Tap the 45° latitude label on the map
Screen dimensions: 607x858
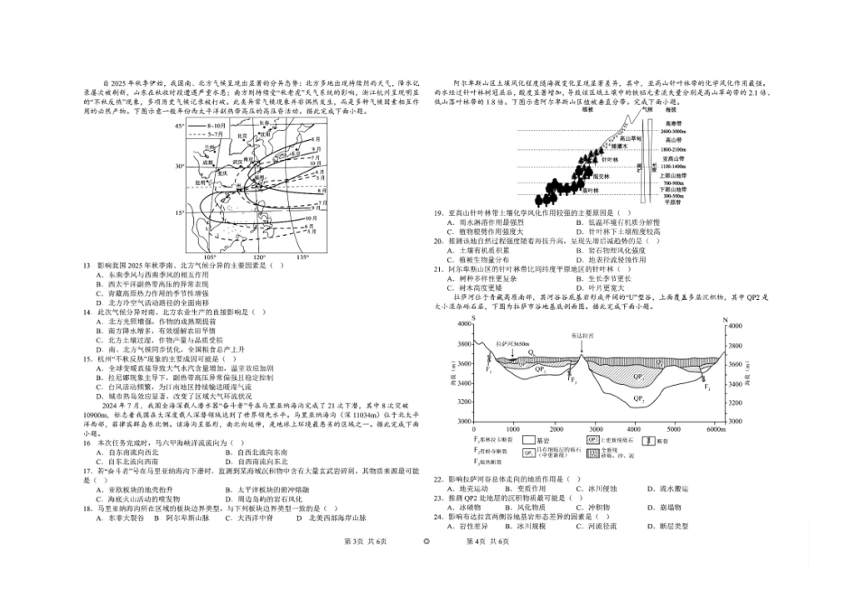pos(180,126)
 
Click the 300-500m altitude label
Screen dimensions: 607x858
pos(671,195)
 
